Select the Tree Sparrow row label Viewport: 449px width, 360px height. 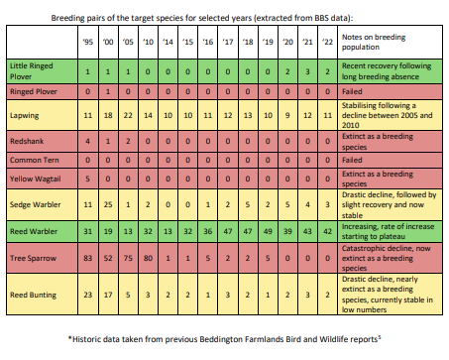tap(31, 261)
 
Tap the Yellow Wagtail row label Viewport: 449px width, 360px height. tap(35, 179)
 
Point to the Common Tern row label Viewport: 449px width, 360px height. tap(33, 160)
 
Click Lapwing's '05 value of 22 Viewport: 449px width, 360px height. tap(127, 116)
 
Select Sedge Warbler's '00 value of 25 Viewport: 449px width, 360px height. tap(106, 204)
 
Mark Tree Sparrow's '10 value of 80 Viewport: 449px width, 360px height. tap(148, 261)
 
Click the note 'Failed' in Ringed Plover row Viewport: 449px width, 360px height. tap(357, 91)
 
